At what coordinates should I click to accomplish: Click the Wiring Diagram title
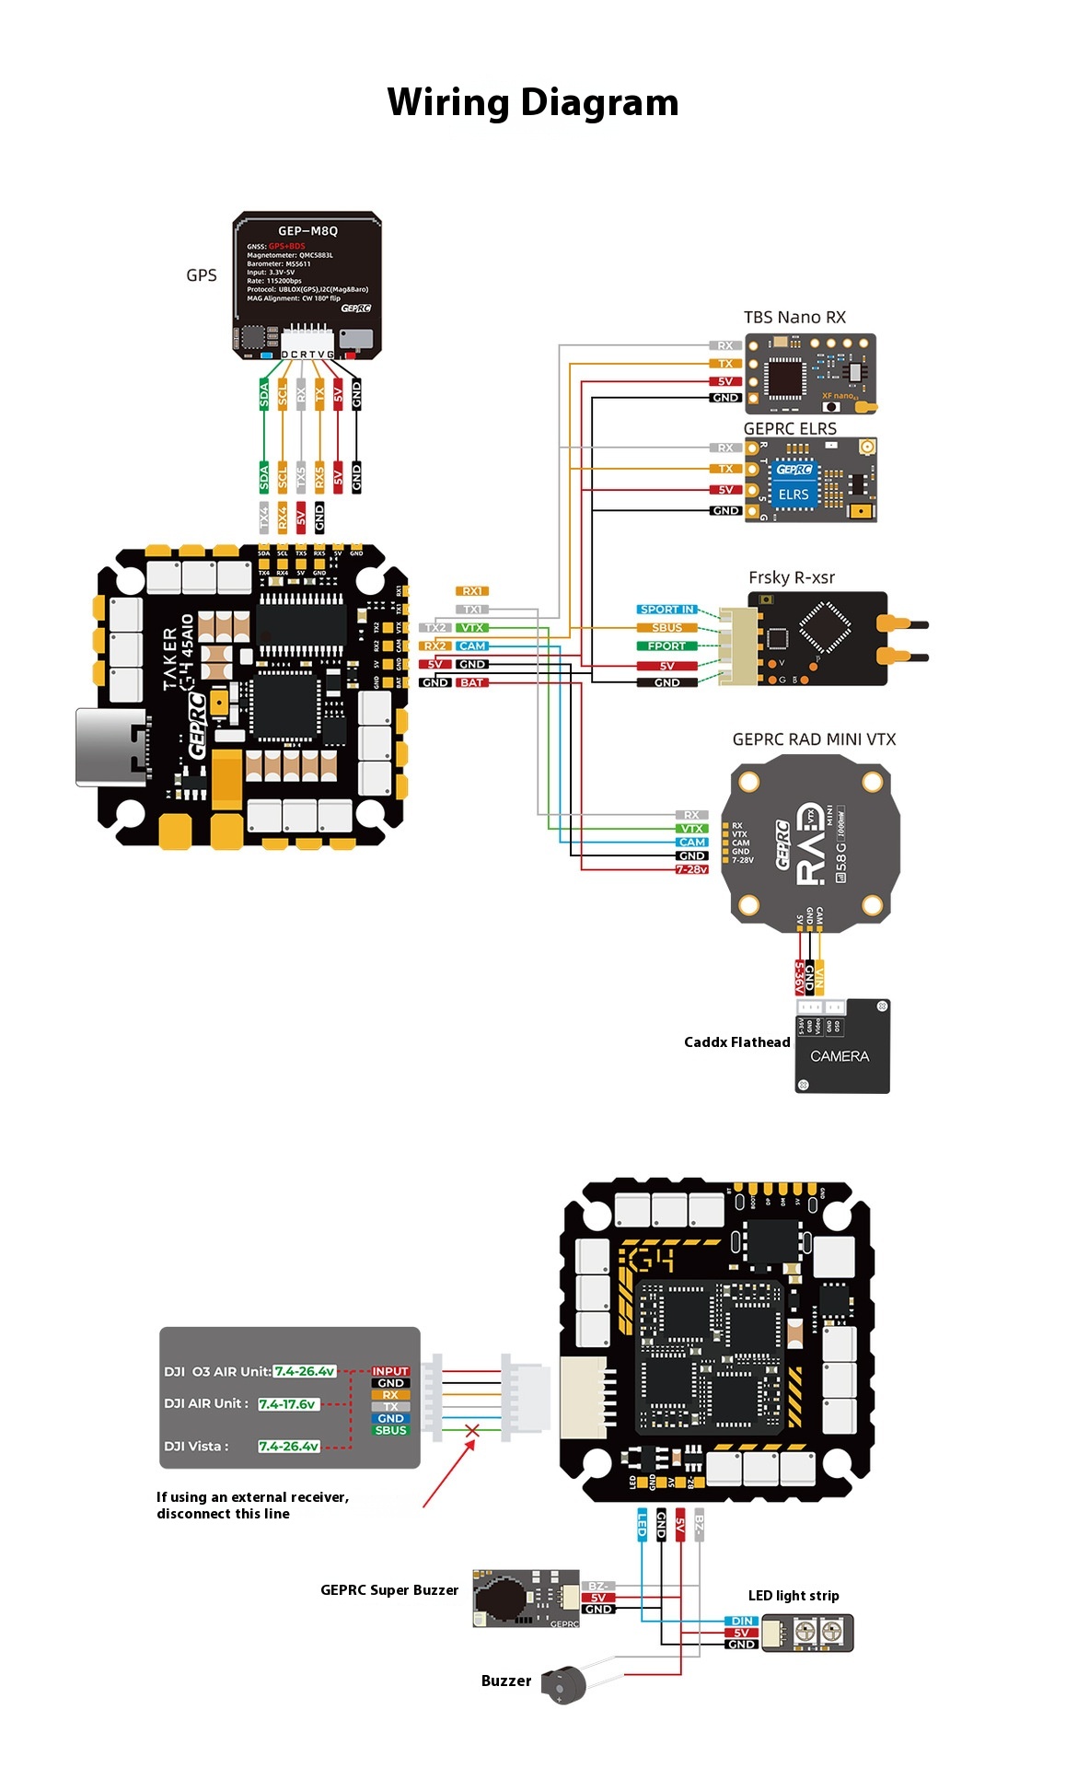coord(532,102)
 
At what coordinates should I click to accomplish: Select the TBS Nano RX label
coord(794,317)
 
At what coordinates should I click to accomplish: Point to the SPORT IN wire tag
coord(666,610)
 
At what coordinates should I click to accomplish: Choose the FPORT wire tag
coord(666,646)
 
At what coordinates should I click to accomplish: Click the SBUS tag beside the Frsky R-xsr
coord(666,628)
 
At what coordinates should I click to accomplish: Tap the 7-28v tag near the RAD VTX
coord(691,869)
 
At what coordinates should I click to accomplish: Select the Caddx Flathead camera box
coord(842,1047)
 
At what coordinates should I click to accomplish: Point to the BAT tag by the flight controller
coord(471,682)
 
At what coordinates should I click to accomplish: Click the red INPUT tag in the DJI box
coord(390,1371)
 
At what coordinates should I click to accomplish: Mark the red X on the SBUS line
coord(472,1431)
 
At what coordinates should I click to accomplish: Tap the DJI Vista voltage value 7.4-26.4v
coord(288,1446)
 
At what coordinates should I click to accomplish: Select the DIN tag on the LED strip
coord(742,1621)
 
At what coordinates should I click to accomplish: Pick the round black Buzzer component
coord(563,1685)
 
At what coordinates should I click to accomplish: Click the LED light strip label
coord(794,1596)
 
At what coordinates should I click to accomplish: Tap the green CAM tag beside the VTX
coord(691,842)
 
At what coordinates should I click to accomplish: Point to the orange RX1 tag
coord(471,591)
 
